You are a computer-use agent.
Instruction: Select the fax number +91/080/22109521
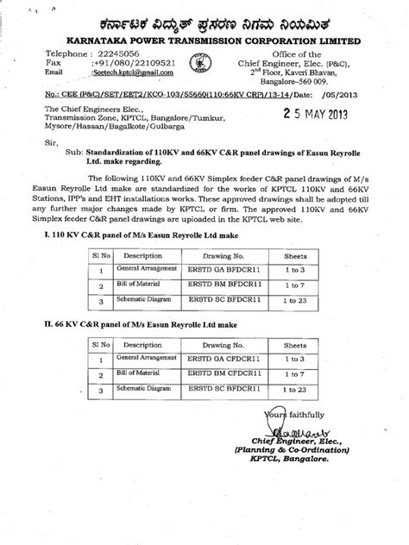click(x=132, y=64)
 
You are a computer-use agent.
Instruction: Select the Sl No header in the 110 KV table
click(x=87, y=280)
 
